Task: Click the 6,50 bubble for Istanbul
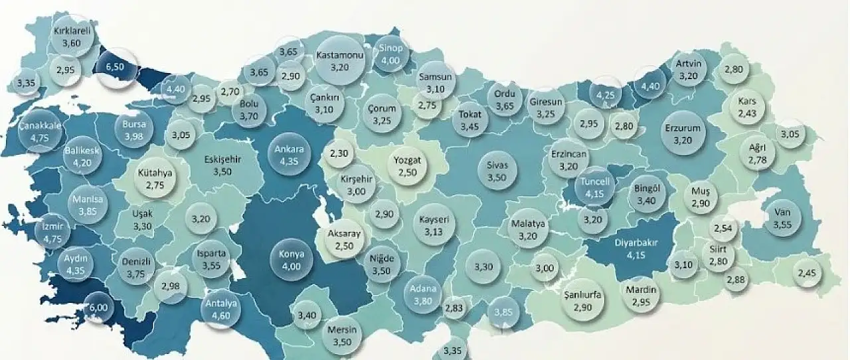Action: pyautogui.click(x=116, y=67)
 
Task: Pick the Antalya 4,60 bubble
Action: pyautogui.click(x=221, y=309)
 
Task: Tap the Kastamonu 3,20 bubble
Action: pyautogui.click(x=339, y=61)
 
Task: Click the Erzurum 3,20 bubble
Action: pyautogui.click(x=683, y=135)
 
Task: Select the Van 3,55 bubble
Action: pyautogui.click(x=782, y=221)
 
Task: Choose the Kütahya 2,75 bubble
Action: pyautogui.click(x=155, y=179)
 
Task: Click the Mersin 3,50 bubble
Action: pyautogui.click(x=343, y=337)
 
